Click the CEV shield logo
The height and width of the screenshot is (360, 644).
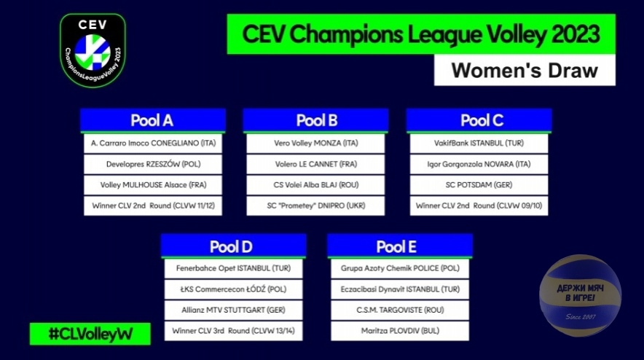(93, 50)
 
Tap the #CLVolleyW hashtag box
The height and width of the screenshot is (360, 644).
(90, 334)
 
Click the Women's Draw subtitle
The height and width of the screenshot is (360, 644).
(525, 70)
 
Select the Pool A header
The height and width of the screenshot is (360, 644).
(153, 120)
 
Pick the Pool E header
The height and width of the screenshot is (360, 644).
(400, 246)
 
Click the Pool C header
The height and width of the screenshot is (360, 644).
(479, 120)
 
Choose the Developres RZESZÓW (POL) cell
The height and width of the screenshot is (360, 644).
(153, 164)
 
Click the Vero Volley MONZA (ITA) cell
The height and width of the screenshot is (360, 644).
(315, 143)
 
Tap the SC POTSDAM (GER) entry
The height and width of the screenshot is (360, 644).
(479, 185)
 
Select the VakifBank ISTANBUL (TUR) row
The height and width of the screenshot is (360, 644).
(479, 143)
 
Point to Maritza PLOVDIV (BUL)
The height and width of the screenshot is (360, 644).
(400, 331)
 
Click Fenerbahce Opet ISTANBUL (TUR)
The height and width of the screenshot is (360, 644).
(233, 268)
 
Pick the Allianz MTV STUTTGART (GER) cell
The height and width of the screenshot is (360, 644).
(233, 310)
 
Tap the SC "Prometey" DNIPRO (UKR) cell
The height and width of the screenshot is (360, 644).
(315, 206)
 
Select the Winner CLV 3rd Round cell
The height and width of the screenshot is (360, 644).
(233, 331)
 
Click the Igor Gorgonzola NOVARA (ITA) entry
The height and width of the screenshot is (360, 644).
(479, 164)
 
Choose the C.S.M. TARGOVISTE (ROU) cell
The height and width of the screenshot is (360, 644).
(400, 310)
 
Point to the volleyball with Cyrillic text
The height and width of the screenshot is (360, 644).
(580, 295)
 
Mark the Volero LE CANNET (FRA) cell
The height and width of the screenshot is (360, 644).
(315, 164)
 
